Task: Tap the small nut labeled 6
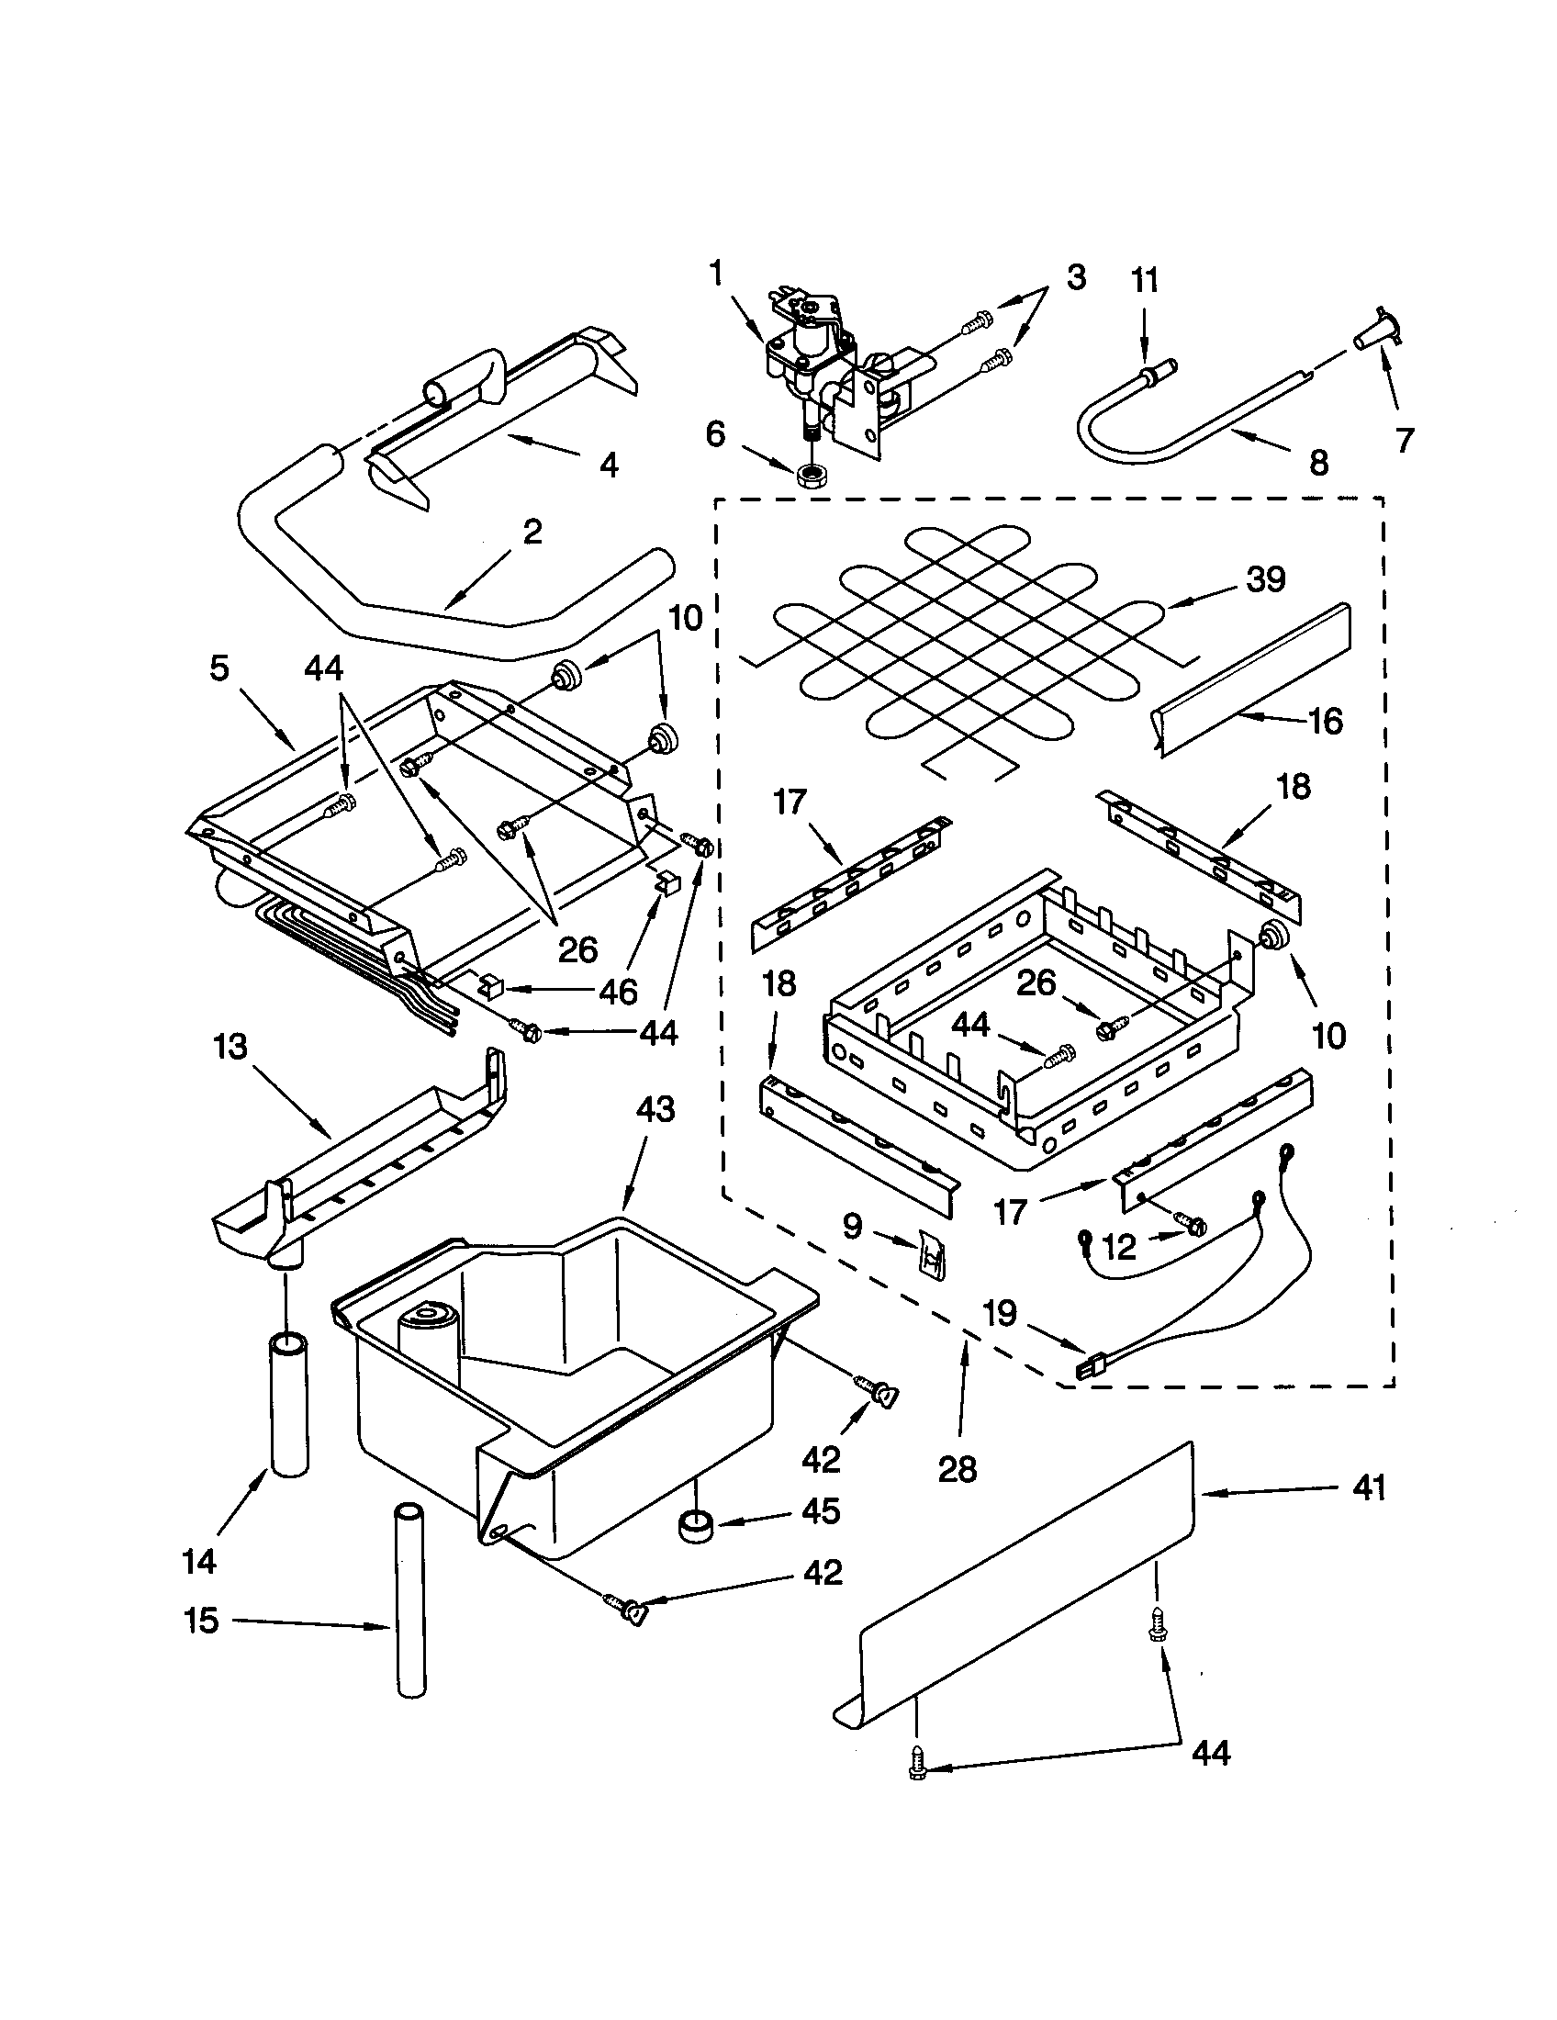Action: (811, 477)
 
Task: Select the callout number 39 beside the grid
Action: (1266, 579)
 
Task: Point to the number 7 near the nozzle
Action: (1405, 440)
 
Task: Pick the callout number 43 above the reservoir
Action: (655, 1109)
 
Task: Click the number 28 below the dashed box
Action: (957, 1469)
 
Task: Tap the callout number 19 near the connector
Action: (1001, 1312)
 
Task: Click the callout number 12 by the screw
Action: (1119, 1248)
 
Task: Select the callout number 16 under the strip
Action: (1326, 721)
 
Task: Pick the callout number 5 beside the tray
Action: (219, 668)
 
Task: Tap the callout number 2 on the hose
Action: (532, 532)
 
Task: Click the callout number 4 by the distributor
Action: (609, 465)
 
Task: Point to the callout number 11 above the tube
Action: (1145, 280)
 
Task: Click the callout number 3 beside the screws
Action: (1075, 277)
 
